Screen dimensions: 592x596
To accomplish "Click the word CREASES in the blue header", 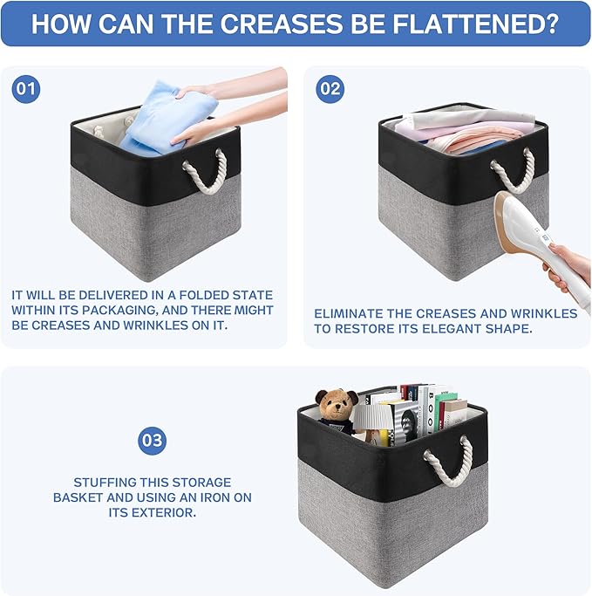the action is pos(282,24).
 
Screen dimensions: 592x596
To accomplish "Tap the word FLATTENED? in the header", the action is pos(475,24).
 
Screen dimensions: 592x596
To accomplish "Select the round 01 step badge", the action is pos(26,89).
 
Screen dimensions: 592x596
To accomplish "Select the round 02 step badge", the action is pos(330,89).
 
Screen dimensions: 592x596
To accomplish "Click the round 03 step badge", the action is pos(152,441).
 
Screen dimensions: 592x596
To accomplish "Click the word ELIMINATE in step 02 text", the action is pos(348,313).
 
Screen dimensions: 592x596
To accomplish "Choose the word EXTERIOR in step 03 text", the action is pos(153,512).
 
